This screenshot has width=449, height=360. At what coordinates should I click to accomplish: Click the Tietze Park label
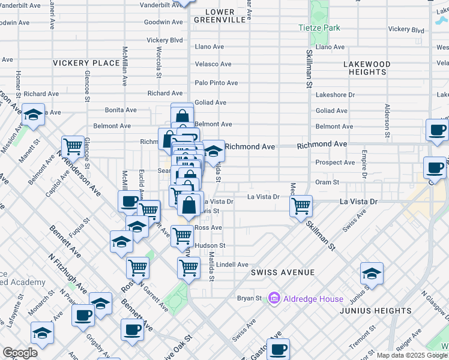[x=319, y=28]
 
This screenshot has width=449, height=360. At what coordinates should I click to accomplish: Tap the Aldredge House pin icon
[x=274, y=298]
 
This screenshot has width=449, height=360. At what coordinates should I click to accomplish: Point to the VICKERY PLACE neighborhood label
[x=86, y=63]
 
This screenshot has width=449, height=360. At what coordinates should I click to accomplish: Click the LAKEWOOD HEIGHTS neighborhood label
[x=367, y=68]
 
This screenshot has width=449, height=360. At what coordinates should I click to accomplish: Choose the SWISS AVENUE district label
[x=283, y=272]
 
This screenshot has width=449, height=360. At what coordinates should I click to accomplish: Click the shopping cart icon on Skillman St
[x=300, y=206]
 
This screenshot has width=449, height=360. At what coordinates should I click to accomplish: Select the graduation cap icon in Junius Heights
[x=372, y=273]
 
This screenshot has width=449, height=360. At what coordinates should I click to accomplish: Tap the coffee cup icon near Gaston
[x=278, y=349]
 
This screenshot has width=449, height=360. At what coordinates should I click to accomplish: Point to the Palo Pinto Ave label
[x=216, y=83]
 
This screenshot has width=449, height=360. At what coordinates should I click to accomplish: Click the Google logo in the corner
[x=20, y=353]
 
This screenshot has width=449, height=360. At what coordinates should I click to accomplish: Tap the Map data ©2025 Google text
[x=412, y=355]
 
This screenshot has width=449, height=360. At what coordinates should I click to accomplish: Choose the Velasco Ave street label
[x=213, y=64]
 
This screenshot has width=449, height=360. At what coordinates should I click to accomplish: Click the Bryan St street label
[x=249, y=298]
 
